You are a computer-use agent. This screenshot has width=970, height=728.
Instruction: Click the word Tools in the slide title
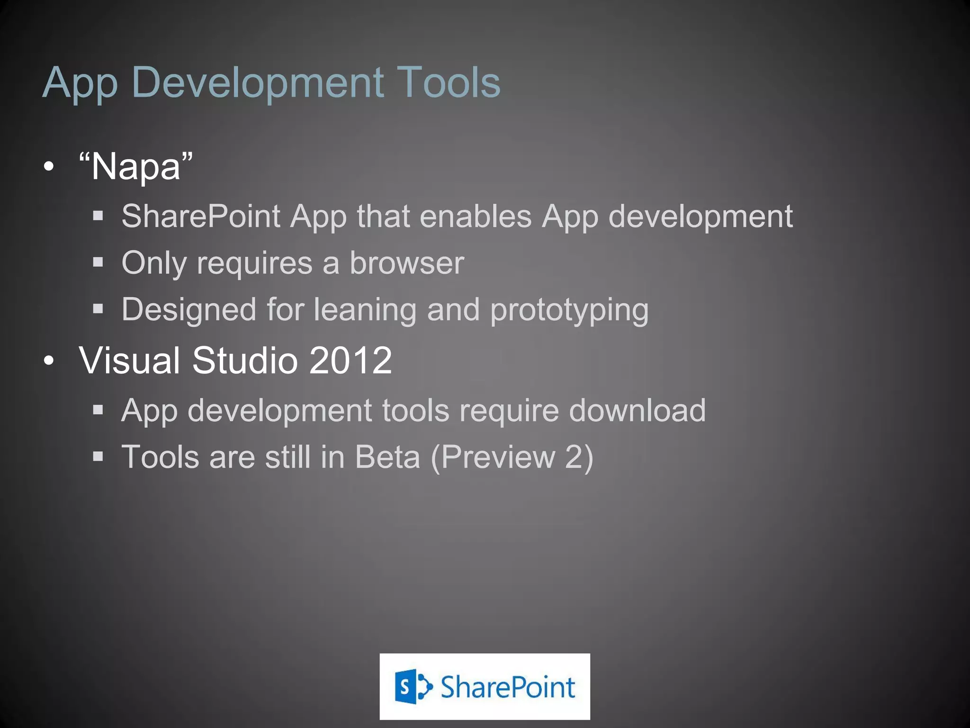point(448,82)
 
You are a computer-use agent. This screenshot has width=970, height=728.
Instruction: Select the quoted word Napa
point(136,167)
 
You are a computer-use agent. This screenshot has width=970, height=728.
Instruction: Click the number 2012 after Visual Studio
point(350,360)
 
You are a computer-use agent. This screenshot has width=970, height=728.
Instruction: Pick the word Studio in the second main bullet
point(245,360)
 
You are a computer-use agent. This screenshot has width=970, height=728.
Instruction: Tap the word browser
point(407,263)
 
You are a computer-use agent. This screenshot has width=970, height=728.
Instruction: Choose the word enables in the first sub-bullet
point(476,217)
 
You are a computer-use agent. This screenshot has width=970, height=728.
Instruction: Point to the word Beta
point(387,457)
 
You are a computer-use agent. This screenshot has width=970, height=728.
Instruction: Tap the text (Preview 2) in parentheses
point(512,457)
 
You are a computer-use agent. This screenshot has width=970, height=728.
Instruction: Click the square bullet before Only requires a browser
point(98,262)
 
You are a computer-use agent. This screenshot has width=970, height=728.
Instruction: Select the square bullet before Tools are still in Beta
point(98,456)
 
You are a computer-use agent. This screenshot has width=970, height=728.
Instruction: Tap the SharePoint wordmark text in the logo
point(508,687)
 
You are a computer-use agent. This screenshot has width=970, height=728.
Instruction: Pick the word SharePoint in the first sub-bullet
point(201,217)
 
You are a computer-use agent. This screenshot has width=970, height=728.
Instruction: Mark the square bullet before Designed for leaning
point(98,309)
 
